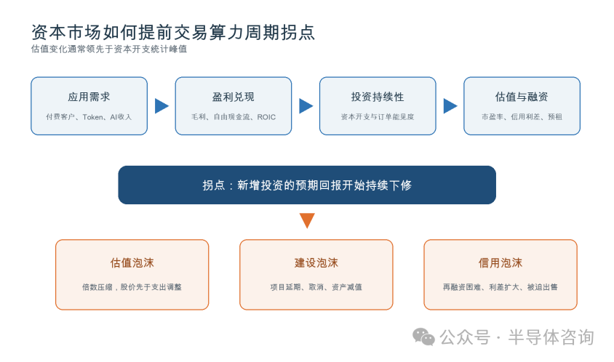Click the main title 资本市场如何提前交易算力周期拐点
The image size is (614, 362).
(x=172, y=32)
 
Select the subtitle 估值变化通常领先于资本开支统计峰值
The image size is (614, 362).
(x=109, y=49)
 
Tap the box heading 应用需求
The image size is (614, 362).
(x=89, y=97)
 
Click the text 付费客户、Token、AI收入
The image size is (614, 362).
(x=89, y=116)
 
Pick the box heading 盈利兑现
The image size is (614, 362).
(x=234, y=97)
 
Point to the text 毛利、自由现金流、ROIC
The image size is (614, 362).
(x=234, y=116)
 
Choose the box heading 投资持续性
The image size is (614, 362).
(x=378, y=97)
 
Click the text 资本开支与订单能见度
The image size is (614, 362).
(x=378, y=116)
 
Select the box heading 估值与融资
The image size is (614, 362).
(x=522, y=97)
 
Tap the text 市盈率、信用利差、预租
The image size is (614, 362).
(x=522, y=116)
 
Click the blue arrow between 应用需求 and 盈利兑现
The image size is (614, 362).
(x=162, y=105)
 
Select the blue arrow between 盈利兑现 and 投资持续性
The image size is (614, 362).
(x=306, y=105)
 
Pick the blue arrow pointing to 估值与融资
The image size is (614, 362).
(x=450, y=105)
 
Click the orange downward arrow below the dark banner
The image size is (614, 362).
(x=307, y=220)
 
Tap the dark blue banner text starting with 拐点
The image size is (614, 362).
(x=307, y=185)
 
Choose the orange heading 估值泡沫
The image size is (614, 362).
(x=132, y=262)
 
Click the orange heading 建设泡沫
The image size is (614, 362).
(x=316, y=262)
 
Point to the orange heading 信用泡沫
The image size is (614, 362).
(x=500, y=262)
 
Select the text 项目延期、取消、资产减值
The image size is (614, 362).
(x=316, y=287)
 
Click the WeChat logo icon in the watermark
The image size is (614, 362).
(x=423, y=337)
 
